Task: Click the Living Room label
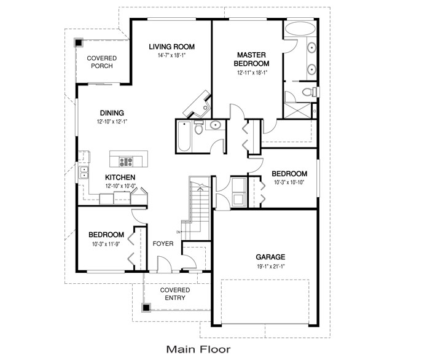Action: [171, 47]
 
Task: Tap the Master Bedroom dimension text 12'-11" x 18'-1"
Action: [252, 72]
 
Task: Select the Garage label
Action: [270, 257]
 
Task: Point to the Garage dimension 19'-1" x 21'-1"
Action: [271, 266]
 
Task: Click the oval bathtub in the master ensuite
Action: [300, 29]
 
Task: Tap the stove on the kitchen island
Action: [126, 162]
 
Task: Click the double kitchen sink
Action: [84, 173]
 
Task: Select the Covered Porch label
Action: [102, 62]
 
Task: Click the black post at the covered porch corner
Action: [79, 42]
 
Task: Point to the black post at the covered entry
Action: [146, 307]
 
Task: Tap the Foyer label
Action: [163, 243]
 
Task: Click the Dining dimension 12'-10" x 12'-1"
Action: [112, 122]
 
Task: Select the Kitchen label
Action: [120, 178]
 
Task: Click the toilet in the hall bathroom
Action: [198, 127]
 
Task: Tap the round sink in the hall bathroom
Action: [216, 125]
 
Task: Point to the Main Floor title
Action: [198, 350]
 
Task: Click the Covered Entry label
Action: [175, 294]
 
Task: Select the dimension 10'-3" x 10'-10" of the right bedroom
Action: [289, 182]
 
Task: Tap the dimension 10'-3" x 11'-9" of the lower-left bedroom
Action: [106, 244]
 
